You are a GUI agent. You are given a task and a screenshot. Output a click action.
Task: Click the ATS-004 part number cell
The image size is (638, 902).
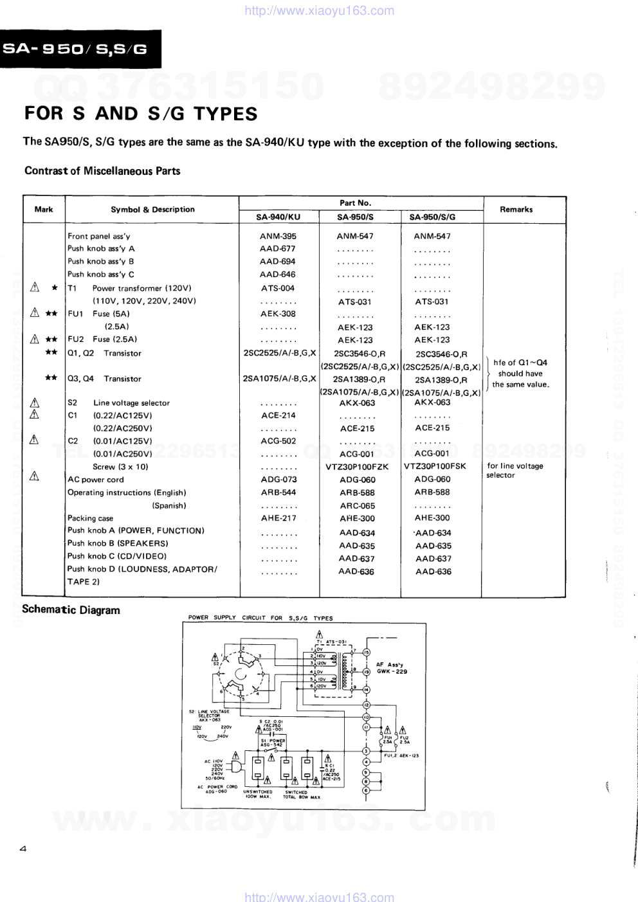point(278,288)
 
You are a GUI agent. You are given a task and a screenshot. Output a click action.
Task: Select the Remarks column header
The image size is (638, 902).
point(516,210)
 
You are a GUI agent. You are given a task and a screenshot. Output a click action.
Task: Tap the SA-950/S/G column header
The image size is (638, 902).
point(432,217)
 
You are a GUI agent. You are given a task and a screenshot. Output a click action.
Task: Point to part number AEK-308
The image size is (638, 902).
point(278,314)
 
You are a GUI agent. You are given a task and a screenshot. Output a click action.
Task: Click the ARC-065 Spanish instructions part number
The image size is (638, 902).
point(357,506)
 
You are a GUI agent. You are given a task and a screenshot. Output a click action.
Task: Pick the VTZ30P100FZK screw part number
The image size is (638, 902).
point(357,467)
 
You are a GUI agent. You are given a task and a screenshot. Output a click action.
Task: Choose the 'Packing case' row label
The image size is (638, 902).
point(90,518)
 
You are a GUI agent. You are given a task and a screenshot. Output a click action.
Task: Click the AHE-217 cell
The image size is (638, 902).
point(278,518)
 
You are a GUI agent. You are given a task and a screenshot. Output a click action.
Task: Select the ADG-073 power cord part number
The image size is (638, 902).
point(278,480)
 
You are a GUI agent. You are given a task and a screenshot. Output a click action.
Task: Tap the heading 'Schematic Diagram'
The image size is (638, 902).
point(71,610)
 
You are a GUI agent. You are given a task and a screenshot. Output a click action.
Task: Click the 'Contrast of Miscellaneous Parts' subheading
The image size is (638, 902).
point(102,171)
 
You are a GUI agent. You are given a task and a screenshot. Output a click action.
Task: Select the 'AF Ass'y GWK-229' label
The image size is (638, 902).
point(392,668)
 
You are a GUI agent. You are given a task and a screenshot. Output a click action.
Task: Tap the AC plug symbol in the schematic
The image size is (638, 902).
point(236,767)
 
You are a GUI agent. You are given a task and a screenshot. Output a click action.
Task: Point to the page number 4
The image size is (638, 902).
point(23,849)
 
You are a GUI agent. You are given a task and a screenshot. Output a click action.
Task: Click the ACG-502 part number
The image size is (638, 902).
point(278,441)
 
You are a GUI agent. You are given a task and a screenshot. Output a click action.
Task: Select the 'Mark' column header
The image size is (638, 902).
point(44,210)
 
